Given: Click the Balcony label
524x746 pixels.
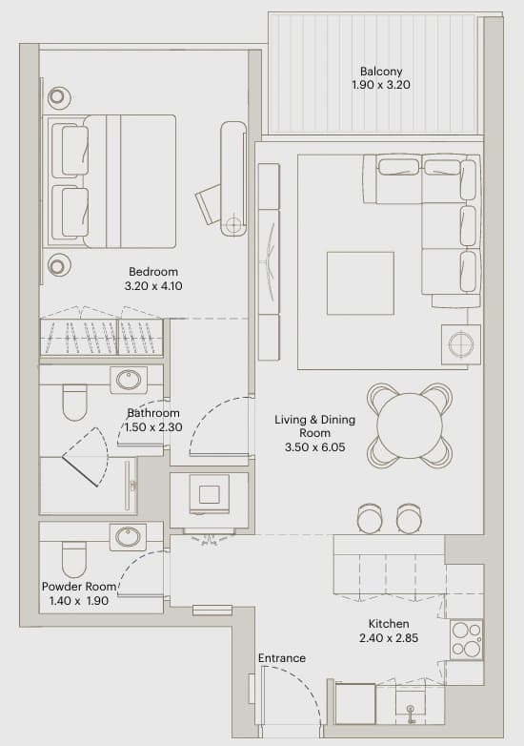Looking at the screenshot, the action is coord(381,72).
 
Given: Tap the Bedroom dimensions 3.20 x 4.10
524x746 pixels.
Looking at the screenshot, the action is coord(153,286).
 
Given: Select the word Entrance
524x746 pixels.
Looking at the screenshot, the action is coord(282,658).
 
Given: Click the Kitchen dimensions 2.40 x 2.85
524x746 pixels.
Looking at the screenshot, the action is coord(389,638).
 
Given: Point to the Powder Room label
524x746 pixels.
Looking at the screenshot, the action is coord(79,587).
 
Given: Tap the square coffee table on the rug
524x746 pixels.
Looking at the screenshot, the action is coord(360,283).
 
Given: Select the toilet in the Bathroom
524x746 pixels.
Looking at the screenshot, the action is coord(75,403).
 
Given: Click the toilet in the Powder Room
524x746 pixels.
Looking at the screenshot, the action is coord(74,560).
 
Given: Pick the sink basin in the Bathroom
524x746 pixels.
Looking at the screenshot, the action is coord(129,380).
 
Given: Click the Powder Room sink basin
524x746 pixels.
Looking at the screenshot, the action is coord(129,537).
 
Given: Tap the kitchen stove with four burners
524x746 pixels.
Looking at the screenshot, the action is coord(466,639).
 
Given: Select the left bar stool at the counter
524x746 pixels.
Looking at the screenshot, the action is coord(370,518).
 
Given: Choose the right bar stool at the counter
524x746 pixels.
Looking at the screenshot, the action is coord(409,518).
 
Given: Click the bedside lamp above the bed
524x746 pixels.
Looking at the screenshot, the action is coord(57,97).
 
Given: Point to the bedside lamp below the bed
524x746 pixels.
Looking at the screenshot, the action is coord(57,265).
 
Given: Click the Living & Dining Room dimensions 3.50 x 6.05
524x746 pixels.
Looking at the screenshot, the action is coord(315,447).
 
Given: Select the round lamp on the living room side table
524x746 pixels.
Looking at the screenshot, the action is coord(461,344).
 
